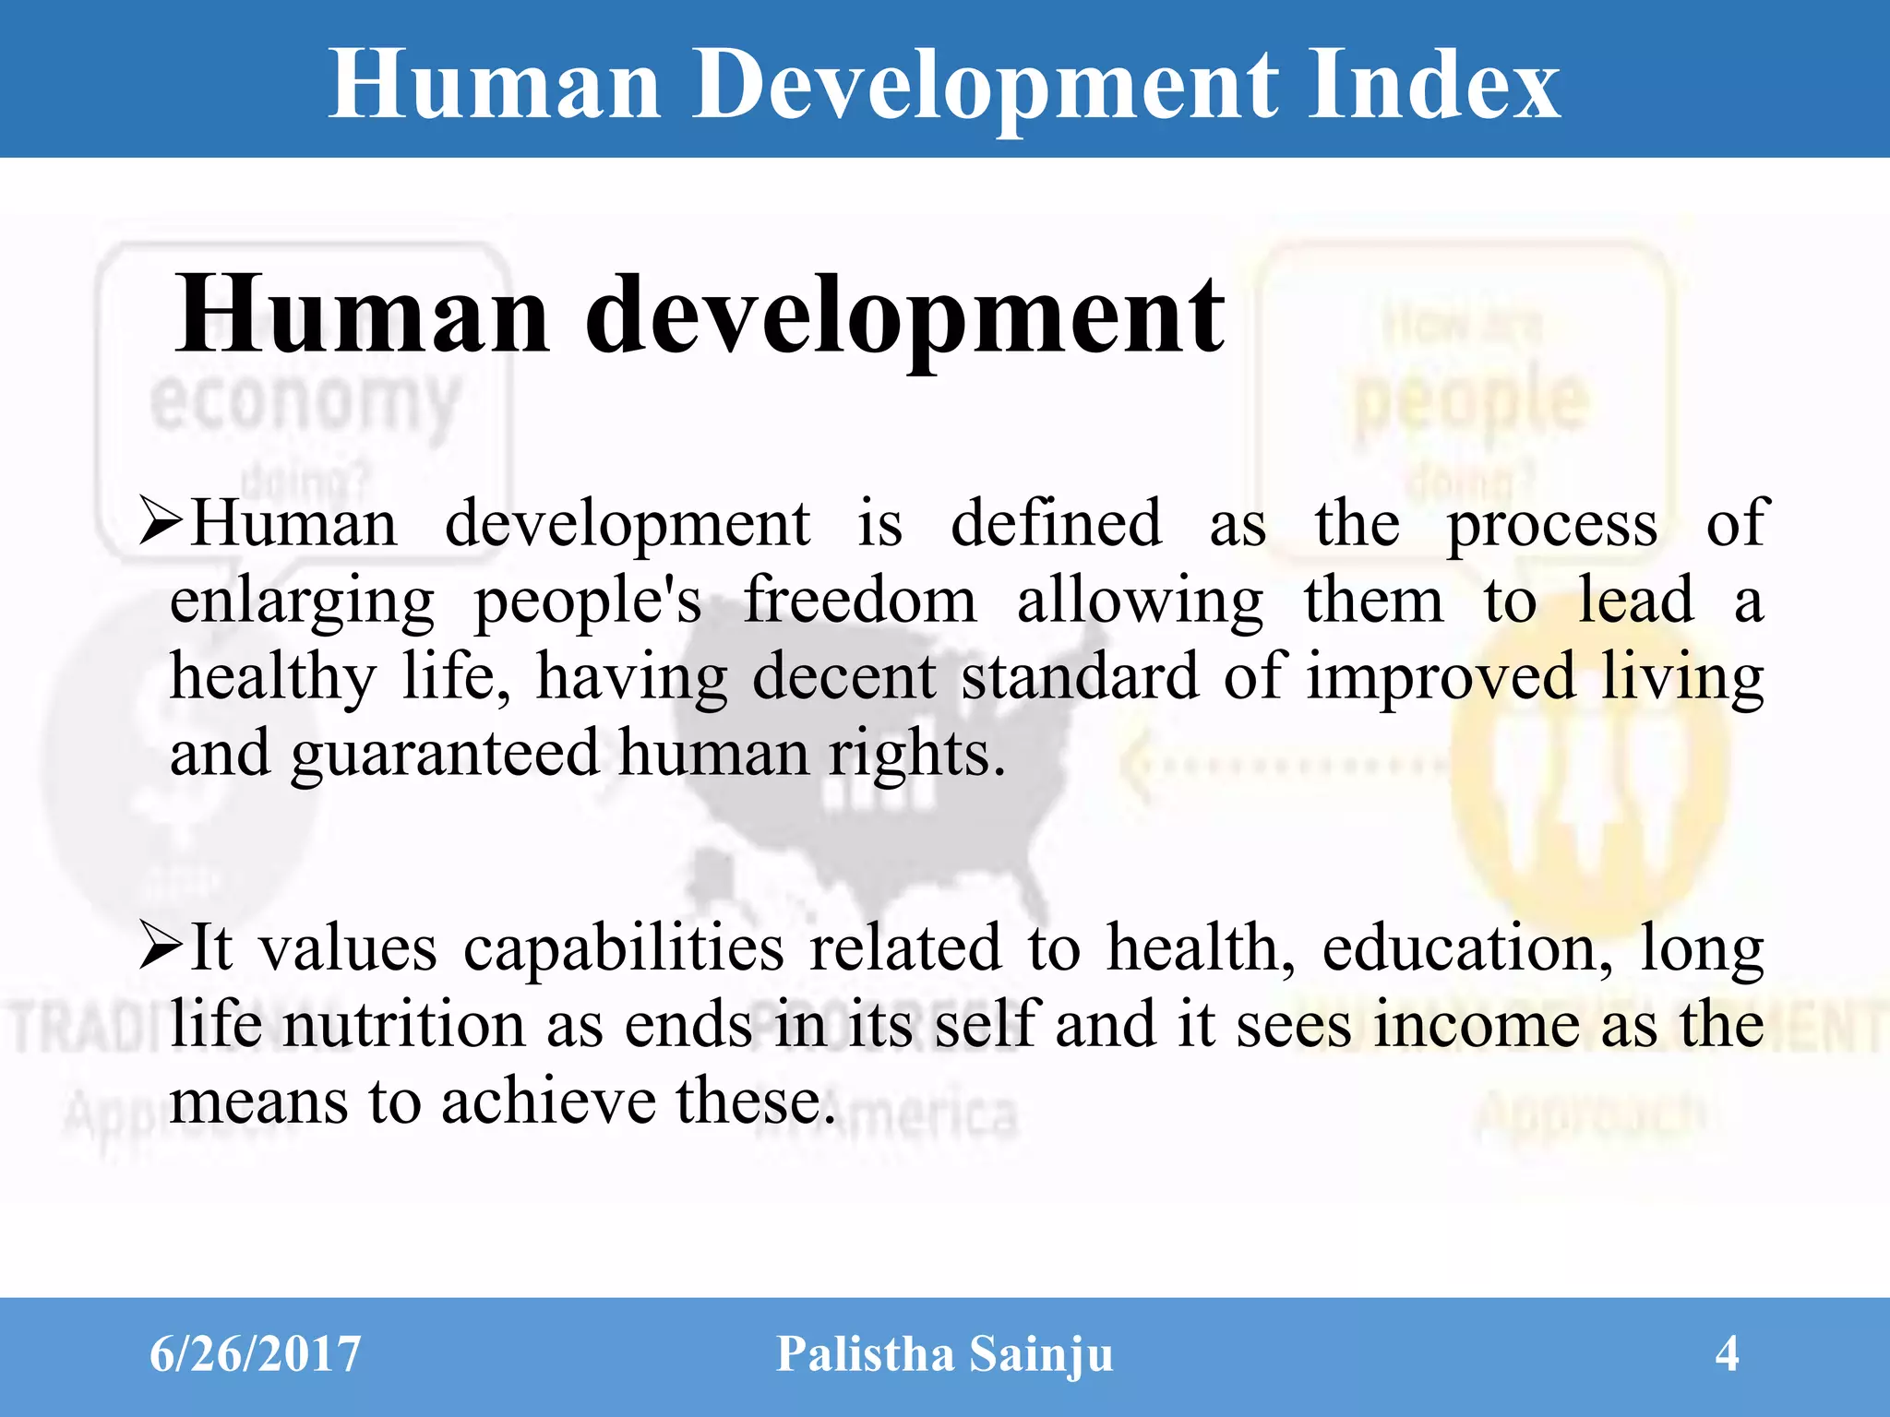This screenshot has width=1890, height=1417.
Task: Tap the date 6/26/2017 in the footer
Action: [255, 1354]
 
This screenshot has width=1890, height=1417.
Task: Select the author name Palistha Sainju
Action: [944, 1354]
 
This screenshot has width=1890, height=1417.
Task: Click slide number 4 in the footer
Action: [1727, 1354]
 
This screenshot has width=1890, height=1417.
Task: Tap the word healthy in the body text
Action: [273, 678]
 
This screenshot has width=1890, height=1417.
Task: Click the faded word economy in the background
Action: [305, 403]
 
